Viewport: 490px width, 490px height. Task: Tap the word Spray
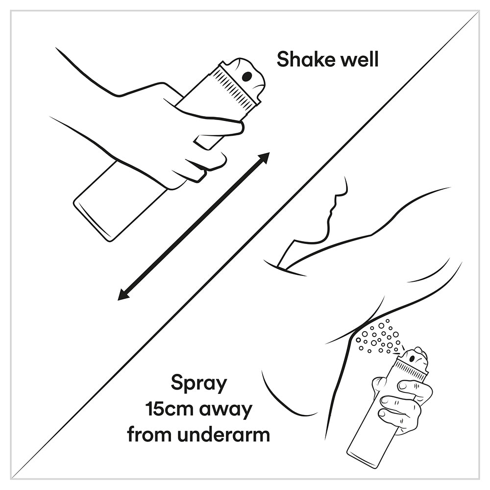click(x=199, y=384)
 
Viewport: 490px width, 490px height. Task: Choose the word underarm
click(x=223, y=434)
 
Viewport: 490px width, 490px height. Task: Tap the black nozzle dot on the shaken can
click(x=247, y=75)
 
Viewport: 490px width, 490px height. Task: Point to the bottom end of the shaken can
click(x=92, y=221)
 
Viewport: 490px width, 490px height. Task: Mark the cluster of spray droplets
click(x=379, y=338)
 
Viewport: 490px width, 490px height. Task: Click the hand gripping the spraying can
click(x=403, y=399)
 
